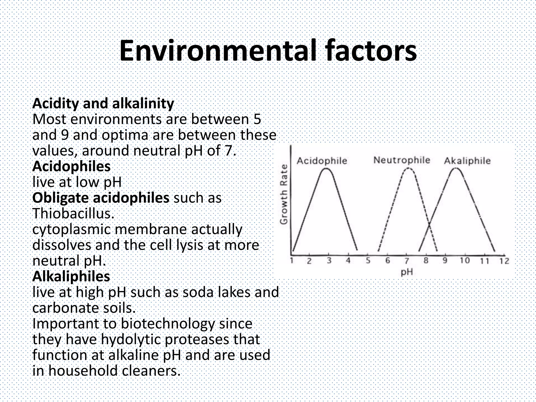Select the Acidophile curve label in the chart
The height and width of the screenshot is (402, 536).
point(322,160)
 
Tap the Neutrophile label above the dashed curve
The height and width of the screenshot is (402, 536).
point(401,160)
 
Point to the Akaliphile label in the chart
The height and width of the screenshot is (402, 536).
point(467,160)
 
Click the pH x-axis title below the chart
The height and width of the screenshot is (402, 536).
point(407,272)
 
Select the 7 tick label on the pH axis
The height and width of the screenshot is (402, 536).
point(407,261)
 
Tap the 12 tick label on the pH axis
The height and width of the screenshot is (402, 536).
point(504,261)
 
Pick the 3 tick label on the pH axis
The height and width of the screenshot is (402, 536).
point(329,261)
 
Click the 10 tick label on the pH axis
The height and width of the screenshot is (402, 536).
point(465,260)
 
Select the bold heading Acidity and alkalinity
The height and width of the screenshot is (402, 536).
point(103,103)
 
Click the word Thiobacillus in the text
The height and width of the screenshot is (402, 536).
point(73,214)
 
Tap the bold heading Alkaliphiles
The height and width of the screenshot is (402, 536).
point(71,276)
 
